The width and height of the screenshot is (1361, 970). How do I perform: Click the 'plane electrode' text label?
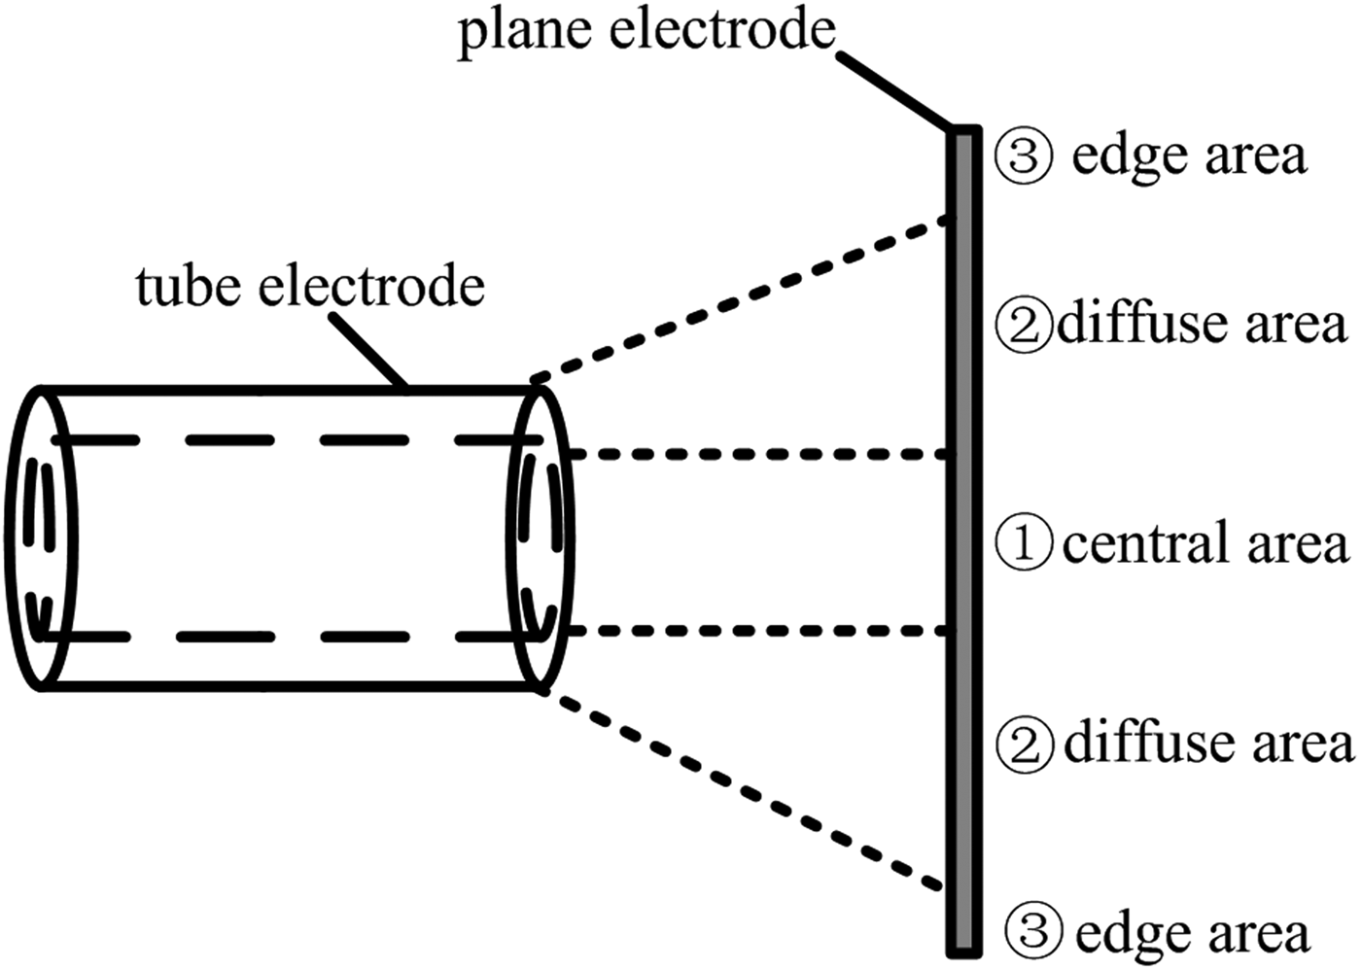coord(646,31)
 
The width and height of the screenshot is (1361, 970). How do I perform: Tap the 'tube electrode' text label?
coord(310,287)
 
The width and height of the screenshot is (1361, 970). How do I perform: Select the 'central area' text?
coord(1205,543)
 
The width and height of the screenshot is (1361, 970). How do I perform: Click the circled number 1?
coord(1024,543)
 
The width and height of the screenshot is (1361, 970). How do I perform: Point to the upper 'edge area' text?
coord(1188,156)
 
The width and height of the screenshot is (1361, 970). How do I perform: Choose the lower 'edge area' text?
coord(1192,933)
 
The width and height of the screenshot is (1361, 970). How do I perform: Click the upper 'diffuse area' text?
coord(1203,324)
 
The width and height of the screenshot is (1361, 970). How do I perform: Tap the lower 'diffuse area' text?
coord(1207,744)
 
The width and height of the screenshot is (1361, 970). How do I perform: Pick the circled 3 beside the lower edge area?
coord(1032,931)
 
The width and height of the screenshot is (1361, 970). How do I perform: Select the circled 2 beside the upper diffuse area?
coord(1024,326)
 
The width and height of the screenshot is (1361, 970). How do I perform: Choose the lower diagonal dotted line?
coord(739,786)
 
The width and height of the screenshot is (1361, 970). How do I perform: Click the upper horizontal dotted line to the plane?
coord(758,454)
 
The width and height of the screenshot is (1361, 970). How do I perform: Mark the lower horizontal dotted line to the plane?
coord(758,631)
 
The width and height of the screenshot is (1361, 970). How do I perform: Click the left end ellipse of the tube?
coord(41,538)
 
